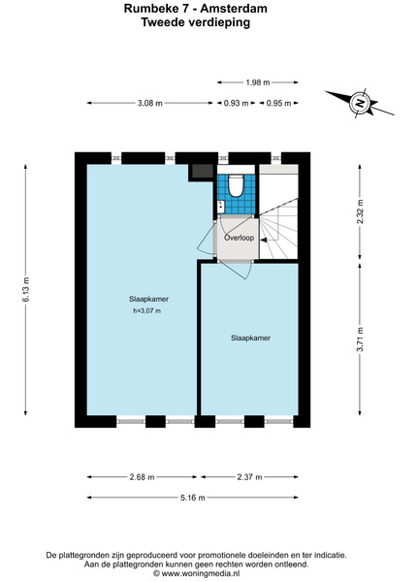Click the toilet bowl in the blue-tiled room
[235, 185]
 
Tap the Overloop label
[239, 238]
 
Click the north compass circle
[359, 102]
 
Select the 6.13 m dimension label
[26, 289]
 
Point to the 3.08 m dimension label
[150, 103]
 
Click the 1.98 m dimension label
[257, 82]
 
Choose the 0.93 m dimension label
[236, 103]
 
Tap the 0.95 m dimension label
[278, 103]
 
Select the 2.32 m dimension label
[360, 211]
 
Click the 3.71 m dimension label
[360, 339]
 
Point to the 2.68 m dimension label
[143, 477]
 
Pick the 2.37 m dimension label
[249, 477]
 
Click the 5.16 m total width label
[193, 498]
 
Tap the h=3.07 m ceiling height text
[146, 311]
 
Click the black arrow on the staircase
[264, 241]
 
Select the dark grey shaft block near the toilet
[202, 171]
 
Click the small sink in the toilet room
[221, 207]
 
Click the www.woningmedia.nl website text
[200, 574]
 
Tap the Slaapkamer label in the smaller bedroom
[250, 338]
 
